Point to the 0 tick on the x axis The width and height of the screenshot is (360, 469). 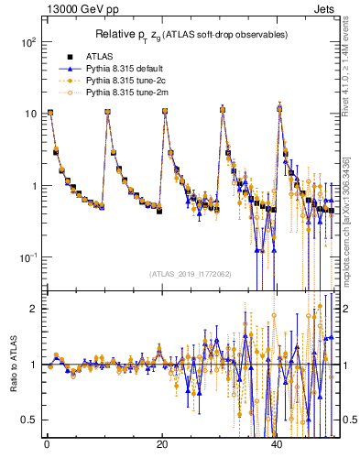click(47, 444)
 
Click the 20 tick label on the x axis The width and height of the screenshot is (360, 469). click(162, 444)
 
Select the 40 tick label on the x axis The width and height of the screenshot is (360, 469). click(278, 444)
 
